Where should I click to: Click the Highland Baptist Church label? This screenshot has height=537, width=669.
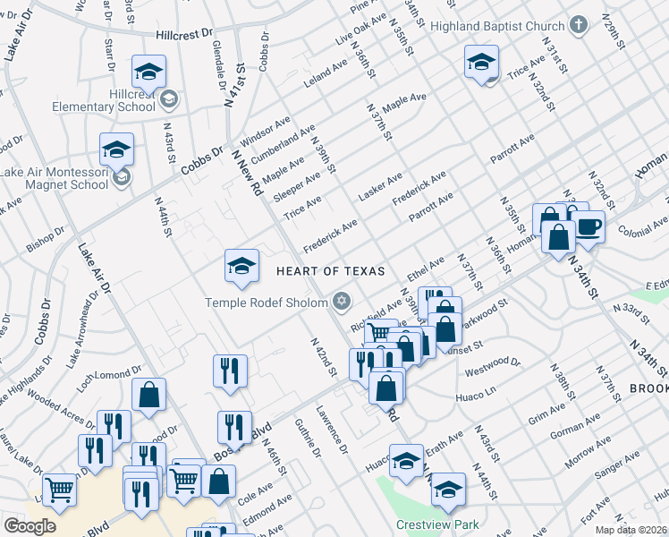tap(497, 26)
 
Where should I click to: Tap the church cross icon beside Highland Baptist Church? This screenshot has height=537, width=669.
tap(579, 26)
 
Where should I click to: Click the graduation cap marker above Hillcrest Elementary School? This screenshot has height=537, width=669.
tap(149, 72)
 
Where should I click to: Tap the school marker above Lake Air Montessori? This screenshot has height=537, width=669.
tap(116, 149)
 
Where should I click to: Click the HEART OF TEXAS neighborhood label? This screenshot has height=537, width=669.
tap(330, 271)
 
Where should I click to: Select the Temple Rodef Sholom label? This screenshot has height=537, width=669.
tap(267, 301)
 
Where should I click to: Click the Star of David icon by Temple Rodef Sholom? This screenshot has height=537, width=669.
tap(341, 301)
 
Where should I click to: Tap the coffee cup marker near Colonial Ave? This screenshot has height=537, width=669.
tap(588, 226)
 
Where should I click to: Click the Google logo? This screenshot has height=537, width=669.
tap(30, 525)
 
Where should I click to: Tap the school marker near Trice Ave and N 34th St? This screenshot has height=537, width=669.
tap(480, 63)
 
